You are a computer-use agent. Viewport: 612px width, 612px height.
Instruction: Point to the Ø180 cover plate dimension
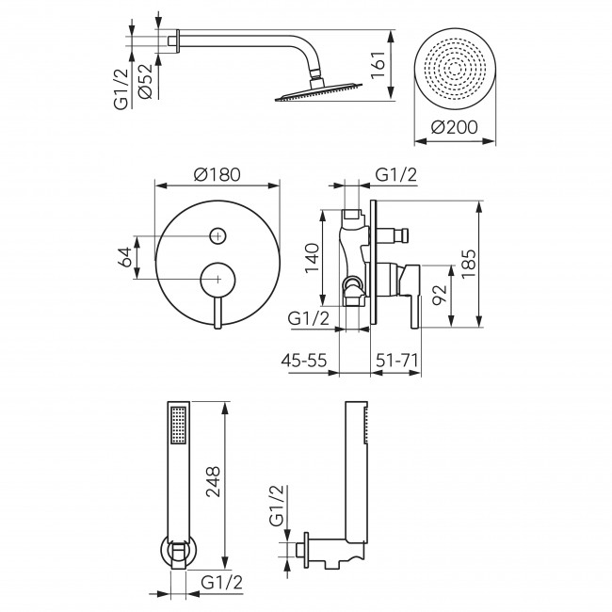click(216, 174)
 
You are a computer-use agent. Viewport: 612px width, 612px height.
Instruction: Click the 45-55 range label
click(306, 360)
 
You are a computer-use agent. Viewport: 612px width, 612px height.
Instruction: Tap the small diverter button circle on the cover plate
click(217, 235)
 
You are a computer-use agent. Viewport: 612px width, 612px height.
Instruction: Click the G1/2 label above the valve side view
click(395, 174)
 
